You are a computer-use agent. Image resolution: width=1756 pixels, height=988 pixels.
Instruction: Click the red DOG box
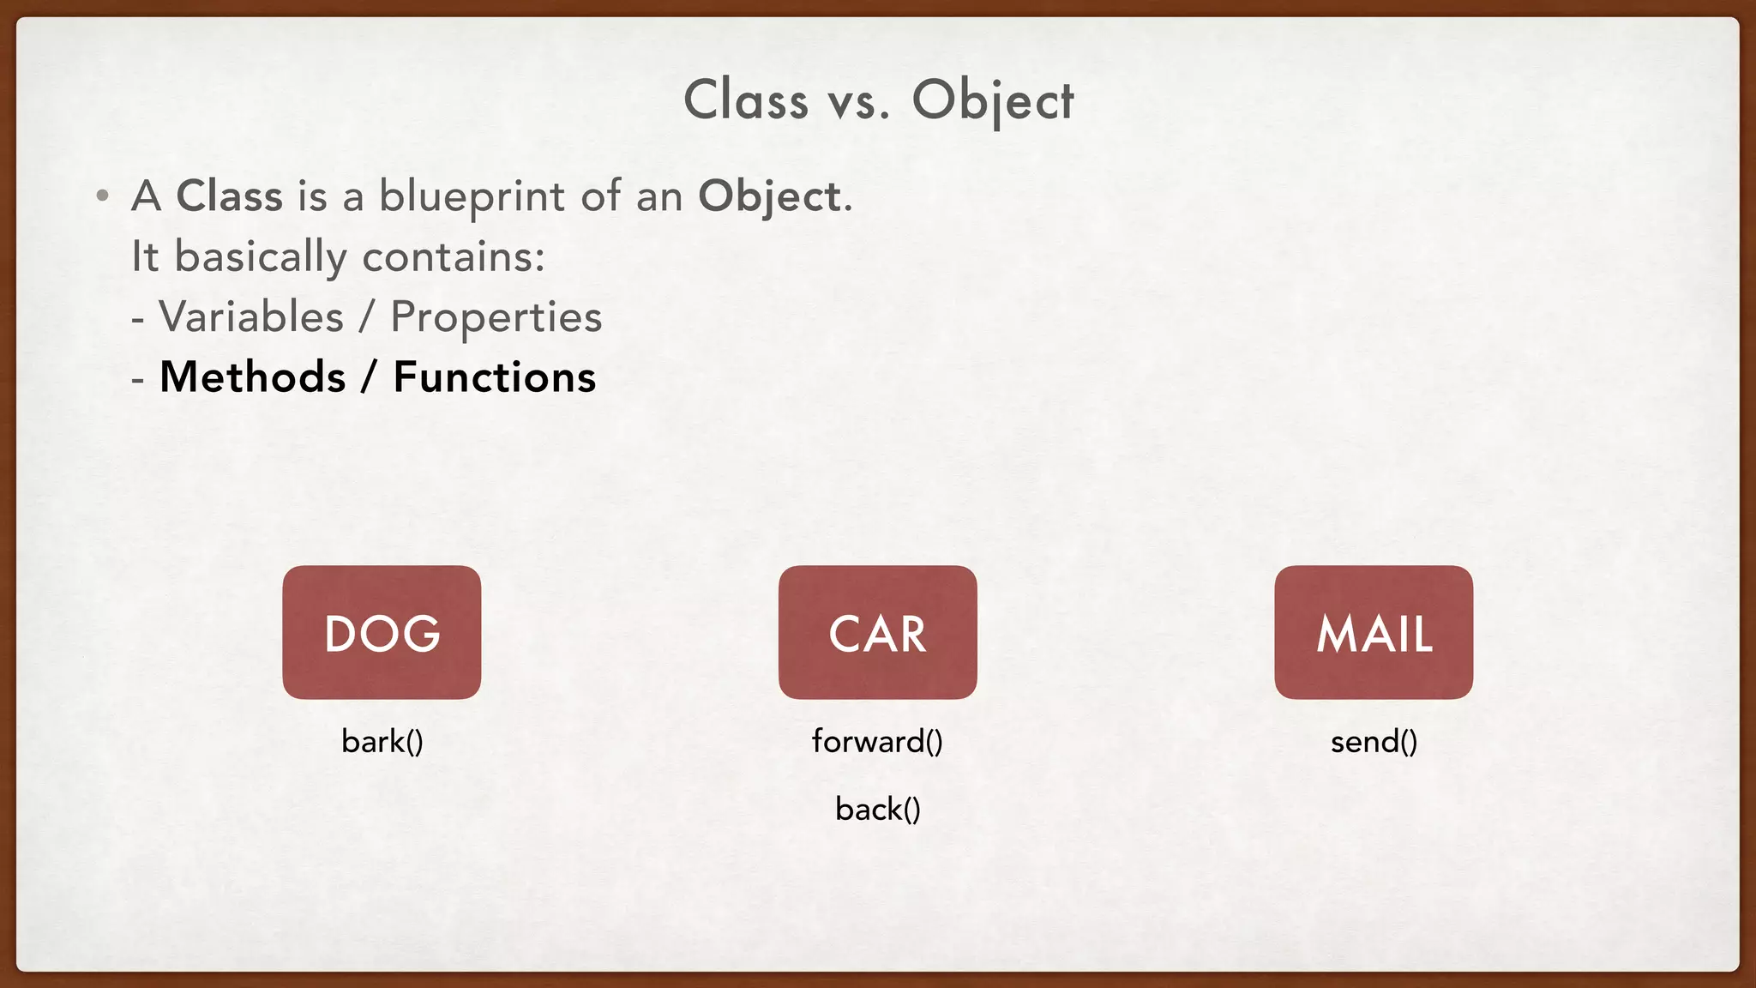[382, 632]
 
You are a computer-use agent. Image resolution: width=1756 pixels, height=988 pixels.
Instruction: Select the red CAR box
[877, 632]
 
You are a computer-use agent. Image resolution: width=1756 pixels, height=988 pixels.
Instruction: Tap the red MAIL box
[1374, 632]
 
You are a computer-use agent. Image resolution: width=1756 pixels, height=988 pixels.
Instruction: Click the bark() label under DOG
[382, 741]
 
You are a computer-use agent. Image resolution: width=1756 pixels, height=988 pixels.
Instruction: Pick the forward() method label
[877, 741]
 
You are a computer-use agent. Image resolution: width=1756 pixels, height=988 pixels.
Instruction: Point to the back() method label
[878, 809]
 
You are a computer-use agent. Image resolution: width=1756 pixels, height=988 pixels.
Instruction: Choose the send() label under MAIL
[1374, 741]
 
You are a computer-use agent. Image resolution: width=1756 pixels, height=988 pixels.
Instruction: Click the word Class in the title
[746, 100]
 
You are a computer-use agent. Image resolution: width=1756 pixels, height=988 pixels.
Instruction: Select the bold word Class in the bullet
[229, 196]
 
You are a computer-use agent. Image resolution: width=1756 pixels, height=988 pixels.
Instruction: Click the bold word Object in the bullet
[770, 197]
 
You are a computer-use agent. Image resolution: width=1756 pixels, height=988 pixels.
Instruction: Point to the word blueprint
[472, 197]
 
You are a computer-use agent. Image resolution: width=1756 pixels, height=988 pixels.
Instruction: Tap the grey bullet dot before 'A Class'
[103, 196]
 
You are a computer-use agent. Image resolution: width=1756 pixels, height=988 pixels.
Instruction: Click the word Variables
[252, 316]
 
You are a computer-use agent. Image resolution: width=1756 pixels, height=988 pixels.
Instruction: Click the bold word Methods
[253, 377]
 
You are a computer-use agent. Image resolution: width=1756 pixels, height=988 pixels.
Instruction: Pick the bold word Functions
[495, 377]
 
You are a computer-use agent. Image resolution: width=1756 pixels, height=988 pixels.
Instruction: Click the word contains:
[454, 256]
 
